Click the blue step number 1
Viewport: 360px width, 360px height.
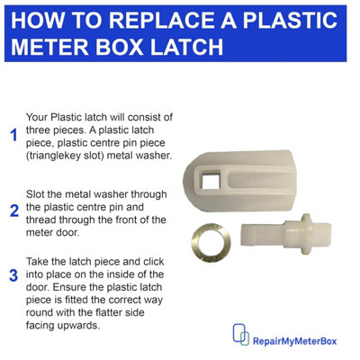[x=13, y=136]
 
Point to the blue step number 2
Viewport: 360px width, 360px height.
[x=13, y=211]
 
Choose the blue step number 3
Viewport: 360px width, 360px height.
[x=13, y=274]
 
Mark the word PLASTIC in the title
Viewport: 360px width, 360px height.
[x=293, y=19]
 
